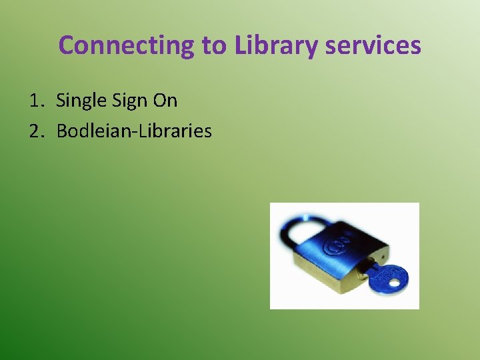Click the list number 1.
[35, 101]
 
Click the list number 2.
[35, 131]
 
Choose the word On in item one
[165, 101]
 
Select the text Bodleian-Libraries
[134, 131]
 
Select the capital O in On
[160, 101]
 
